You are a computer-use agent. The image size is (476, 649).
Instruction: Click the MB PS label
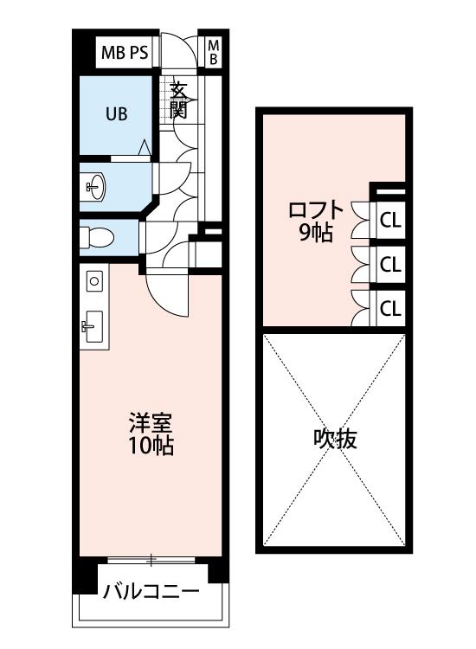[x=125, y=53]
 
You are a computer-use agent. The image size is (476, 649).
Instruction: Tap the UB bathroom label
[x=116, y=114]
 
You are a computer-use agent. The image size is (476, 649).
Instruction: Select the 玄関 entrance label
[x=179, y=100]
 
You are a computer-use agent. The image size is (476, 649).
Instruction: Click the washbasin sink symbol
[x=96, y=187]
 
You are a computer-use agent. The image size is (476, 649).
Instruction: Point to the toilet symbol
[x=97, y=238]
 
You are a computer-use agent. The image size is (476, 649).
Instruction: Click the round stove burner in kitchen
[x=94, y=281]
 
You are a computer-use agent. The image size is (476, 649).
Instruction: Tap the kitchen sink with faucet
[x=93, y=326]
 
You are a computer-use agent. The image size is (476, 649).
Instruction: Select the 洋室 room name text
[x=151, y=422]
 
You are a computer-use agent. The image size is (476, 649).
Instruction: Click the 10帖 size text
[x=151, y=446]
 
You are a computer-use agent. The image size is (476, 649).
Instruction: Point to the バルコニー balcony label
[x=151, y=592]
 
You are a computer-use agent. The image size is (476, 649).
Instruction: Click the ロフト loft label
[x=316, y=210]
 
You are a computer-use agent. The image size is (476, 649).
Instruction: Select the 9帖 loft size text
[x=316, y=234]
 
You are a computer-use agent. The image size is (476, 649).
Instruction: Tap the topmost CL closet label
[x=390, y=221]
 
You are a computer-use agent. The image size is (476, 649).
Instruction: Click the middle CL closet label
[x=390, y=265]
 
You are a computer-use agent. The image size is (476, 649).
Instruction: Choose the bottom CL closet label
[x=390, y=308]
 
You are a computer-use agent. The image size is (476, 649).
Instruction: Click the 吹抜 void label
[x=335, y=439]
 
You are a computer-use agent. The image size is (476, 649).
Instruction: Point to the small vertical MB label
[x=213, y=52]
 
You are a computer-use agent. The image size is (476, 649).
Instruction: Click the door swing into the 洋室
[x=169, y=294]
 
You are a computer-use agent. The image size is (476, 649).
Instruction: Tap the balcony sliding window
[x=151, y=560]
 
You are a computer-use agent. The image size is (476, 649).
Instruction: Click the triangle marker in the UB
[x=145, y=147]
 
